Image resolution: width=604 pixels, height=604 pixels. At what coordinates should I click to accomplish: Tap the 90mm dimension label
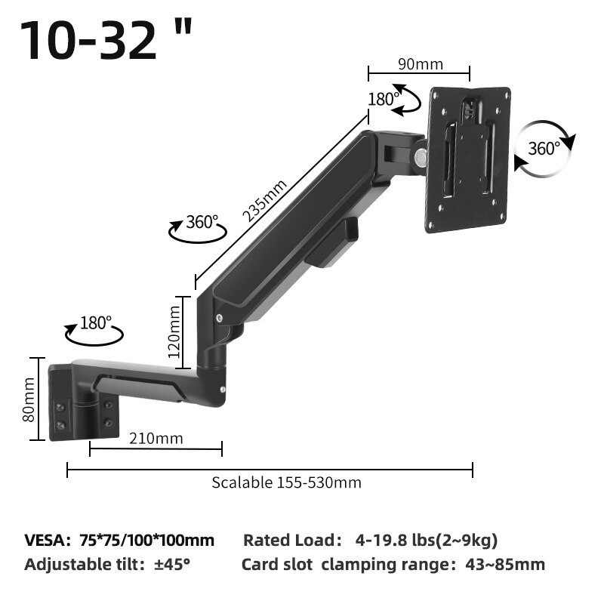[420, 64]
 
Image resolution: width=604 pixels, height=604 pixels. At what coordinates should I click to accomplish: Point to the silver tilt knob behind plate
[419, 157]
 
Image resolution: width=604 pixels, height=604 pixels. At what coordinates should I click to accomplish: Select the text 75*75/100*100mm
[146, 540]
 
